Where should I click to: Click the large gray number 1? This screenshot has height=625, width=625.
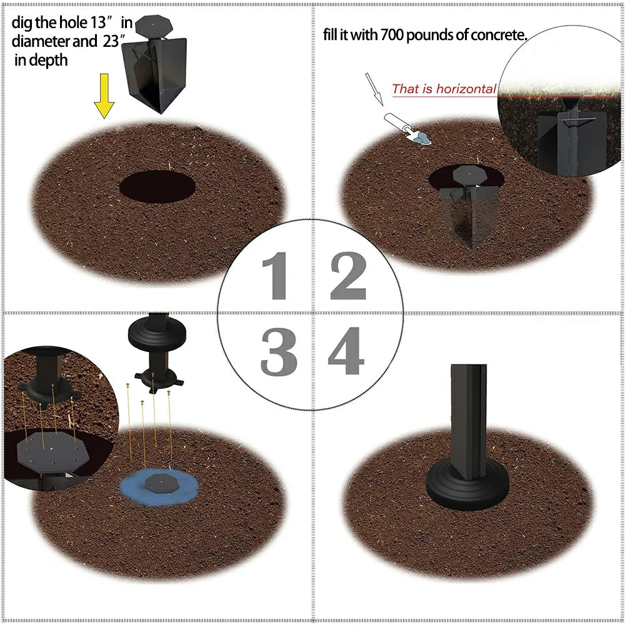click(277, 276)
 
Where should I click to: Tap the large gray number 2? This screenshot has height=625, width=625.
click(348, 276)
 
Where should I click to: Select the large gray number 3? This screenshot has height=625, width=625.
click(279, 351)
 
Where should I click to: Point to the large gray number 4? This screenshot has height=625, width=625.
click(346, 351)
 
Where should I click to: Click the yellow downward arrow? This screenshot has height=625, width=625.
click(104, 96)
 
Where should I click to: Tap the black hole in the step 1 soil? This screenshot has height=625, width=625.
click(157, 186)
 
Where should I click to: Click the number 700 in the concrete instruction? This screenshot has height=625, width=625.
click(392, 35)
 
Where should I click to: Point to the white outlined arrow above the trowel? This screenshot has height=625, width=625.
click(374, 89)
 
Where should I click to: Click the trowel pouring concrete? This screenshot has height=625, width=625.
click(407, 128)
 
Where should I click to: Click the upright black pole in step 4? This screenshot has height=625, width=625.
click(469, 422)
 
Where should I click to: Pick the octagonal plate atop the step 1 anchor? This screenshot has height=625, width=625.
click(154, 26)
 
